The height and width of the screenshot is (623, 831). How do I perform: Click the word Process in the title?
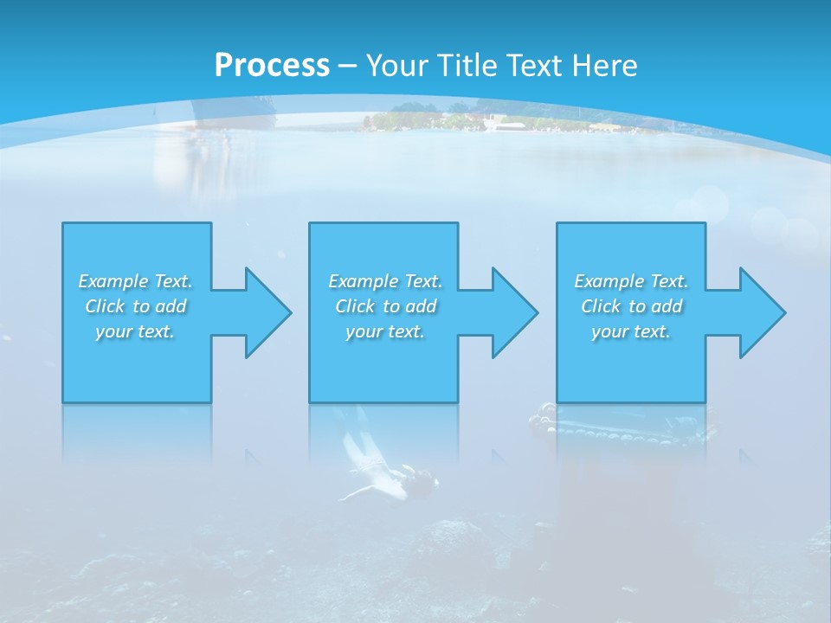[x=272, y=65]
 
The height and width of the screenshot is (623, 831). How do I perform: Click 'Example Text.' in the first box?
[x=135, y=281]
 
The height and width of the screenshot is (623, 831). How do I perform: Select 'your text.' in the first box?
[x=135, y=331]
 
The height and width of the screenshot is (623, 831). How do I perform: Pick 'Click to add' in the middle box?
[x=385, y=306]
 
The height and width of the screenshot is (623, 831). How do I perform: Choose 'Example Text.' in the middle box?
[x=385, y=281]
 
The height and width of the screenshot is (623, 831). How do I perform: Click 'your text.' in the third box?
[x=631, y=331]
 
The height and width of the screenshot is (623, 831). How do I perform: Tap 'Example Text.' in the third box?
[x=631, y=281]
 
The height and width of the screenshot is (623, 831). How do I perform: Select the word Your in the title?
[x=397, y=65]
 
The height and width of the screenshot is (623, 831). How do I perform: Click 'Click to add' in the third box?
[x=631, y=306]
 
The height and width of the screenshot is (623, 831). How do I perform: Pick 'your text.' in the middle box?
[x=385, y=331]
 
